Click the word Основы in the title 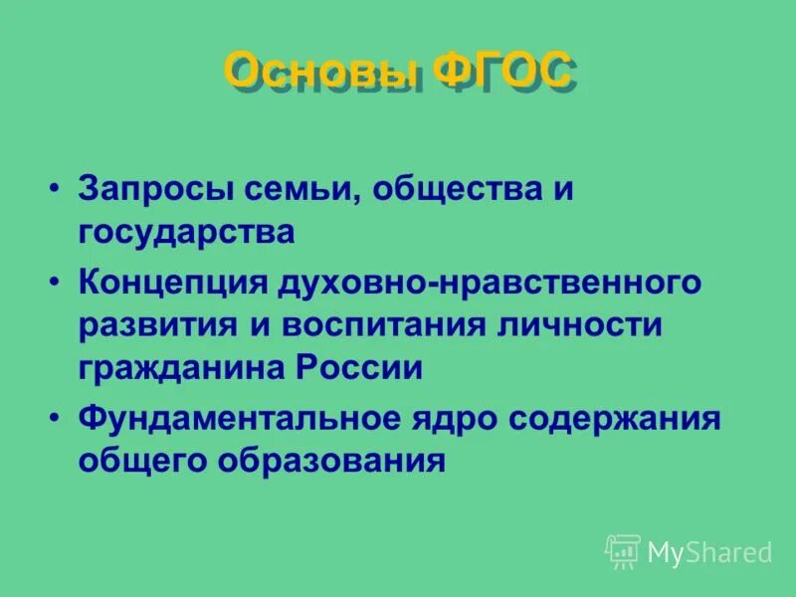(x=320, y=74)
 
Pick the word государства (x=187, y=233)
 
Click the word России (x=358, y=367)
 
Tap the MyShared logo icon (x=623, y=551)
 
